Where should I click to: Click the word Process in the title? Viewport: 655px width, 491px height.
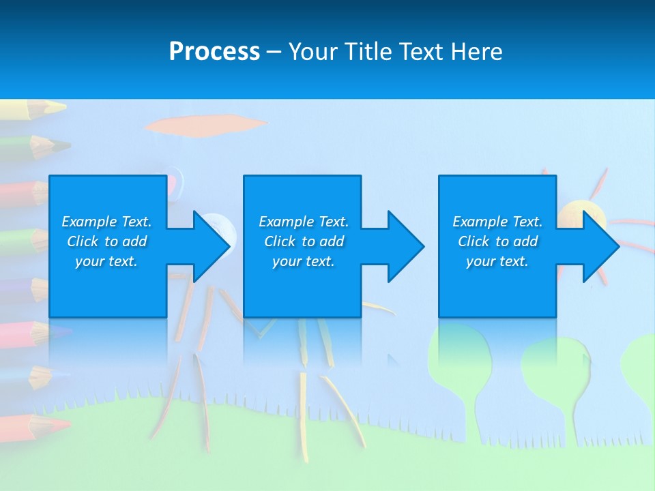point(214,52)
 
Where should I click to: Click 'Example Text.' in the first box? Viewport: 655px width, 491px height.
point(106,222)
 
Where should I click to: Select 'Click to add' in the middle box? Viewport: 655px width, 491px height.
point(304,241)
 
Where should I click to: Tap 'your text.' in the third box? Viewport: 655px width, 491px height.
point(497,261)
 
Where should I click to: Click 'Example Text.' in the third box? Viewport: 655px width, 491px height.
point(497,222)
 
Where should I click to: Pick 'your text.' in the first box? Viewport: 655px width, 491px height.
point(106,261)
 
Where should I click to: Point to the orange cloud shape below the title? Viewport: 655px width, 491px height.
point(205,125)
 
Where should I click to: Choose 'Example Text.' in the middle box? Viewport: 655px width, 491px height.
point(304,222)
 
